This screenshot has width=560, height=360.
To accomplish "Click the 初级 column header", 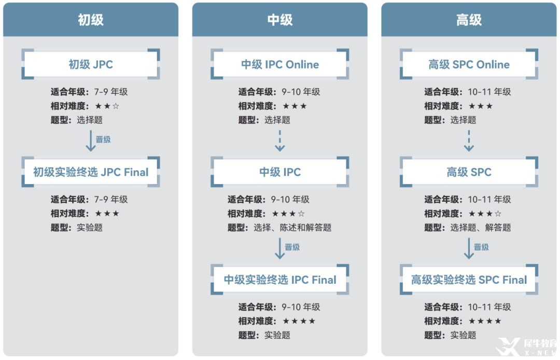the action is coord(91,20).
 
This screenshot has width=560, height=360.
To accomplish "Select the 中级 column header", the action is coord(279,20).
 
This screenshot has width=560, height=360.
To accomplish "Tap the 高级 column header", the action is coord(469,20).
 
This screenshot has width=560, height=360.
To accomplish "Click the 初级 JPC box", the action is coord(91,64).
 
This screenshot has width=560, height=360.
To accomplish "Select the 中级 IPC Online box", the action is coord(279,64).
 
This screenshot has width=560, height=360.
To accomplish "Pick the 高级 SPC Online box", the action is coord(469,64).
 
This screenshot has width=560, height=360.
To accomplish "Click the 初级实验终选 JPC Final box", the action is coord(91,172).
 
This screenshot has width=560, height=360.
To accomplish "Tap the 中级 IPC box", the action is coord(279,172).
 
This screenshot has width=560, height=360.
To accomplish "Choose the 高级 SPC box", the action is coord(469,172).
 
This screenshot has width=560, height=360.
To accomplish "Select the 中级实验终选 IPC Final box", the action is coord(279,280).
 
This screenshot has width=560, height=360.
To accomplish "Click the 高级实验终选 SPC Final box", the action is coord(469,280).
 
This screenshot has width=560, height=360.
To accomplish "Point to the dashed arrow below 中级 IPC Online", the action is coord(279,141).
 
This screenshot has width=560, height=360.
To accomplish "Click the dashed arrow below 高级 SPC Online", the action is coord(469,141).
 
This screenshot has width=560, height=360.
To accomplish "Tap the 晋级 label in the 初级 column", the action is coord(103,140).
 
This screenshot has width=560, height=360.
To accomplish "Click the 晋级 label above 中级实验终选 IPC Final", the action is coord(292,247).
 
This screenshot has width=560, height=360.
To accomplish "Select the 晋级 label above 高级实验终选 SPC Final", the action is coord(481,247).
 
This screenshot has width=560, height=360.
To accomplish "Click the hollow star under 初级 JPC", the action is coord(116,106).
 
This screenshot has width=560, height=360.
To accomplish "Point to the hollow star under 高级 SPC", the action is coord(498,214).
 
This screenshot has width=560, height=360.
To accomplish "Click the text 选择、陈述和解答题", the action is coord(292,228).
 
